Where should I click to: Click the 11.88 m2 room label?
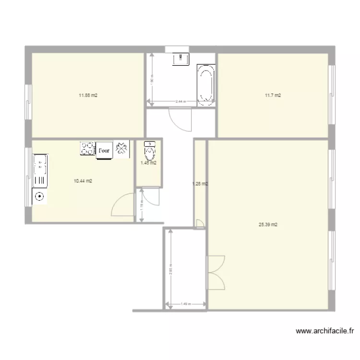[x=88, y=95]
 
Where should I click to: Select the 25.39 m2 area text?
[x=268, y=224]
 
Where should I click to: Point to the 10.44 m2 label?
[x=83, y=180]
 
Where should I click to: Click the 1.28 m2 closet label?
[x=200, y=183]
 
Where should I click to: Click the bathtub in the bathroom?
[x=206, y=84]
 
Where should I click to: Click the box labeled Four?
[x=104, y=150]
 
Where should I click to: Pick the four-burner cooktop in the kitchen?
[x=88, y=148]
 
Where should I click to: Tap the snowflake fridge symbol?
[x=121, y=149]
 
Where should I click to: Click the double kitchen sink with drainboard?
[x=40, y=171]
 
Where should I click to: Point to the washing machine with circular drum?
[x=39, y=196]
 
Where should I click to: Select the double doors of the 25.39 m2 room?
[x=216, y=272]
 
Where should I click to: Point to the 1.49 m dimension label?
[x=186, y=304]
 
